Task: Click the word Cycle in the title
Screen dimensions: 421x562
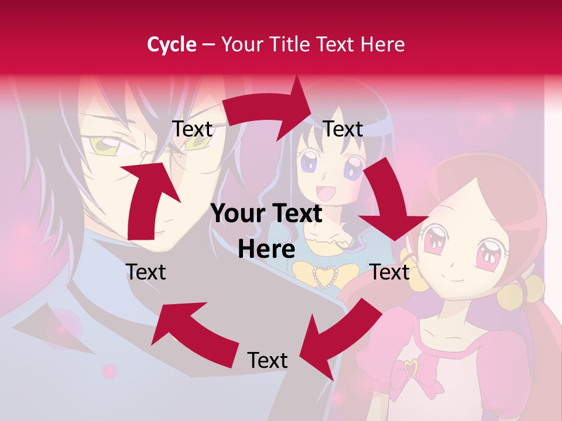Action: coord(172,44)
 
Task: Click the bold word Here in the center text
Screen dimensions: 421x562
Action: coord(266,249)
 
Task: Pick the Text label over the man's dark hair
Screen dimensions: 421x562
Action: coord(192,129)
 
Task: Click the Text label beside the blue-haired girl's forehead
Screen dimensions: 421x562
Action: coord(343,129)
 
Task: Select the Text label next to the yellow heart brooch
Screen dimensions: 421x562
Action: coord(390,272)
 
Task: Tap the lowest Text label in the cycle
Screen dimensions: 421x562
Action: coord(267,361)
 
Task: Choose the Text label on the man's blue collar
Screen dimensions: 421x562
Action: coord(146,272)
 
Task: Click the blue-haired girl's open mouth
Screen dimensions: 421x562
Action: coord(325,192)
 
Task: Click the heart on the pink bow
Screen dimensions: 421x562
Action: coord(413,368)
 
